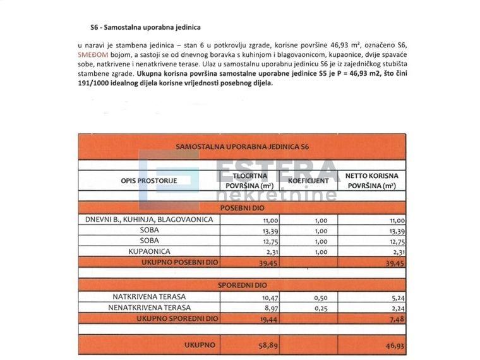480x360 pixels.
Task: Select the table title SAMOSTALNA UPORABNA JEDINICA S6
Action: click(x=243, y=147)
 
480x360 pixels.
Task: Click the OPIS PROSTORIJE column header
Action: click(x=149, y=181)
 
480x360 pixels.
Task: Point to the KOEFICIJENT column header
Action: click(x=308, y=181)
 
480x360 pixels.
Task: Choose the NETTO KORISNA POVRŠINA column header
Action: click(x=371, y=181)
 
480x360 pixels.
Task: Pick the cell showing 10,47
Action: click(x=268, y=297)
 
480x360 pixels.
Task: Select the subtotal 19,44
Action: click(x=268, y=320)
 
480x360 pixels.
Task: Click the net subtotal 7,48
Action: click(x=394, y=320)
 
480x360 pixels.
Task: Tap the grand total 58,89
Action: click(x=268, y=345)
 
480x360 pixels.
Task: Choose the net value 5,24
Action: click(x=395, y=297)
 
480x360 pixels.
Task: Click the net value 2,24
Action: click(x=395, y=308)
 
